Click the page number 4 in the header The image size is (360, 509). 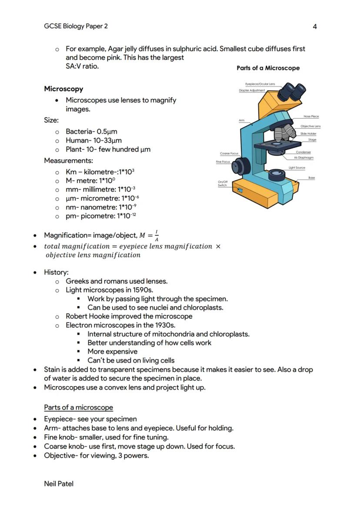(315, 27)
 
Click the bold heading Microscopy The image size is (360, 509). (63, 89)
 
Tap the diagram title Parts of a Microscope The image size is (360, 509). (268, 68)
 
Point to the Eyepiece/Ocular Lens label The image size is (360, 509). (260, 84)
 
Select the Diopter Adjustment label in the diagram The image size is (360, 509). (252, 90)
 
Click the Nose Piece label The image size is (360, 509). (311, 116)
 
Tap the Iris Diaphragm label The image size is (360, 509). (303, 158)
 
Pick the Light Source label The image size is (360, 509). (297, 168)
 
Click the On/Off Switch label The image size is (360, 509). (223, 183)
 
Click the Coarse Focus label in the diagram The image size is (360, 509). (229, 153)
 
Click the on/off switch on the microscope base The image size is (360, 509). (241, 190)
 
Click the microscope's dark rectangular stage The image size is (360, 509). (277, 145)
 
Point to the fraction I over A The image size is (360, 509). (157, 236)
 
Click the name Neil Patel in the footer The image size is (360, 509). (59, 483)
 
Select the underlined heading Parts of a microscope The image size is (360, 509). (78, 407)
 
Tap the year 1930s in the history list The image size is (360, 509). (165, 325)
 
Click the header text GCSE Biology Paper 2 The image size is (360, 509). (76, 26)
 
